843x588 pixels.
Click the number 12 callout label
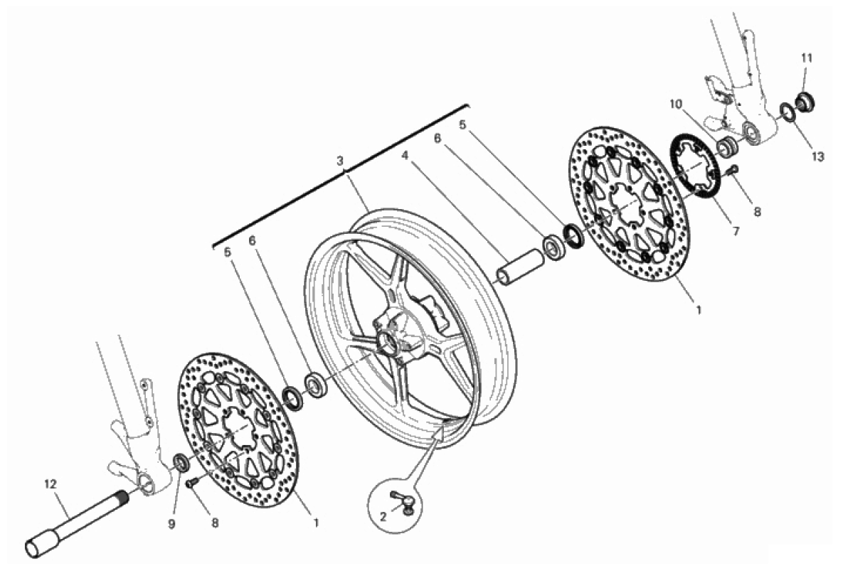pyautogui.click(x=50, y=484)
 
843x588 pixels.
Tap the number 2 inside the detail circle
pyautogui.click(x=383, y=518)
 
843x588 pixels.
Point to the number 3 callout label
pyautogui.click(x=339, y=161)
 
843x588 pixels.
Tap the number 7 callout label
pyautogui.click(x=736, y=232)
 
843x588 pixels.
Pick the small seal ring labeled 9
pyautogui.click(x=181, y=463)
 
